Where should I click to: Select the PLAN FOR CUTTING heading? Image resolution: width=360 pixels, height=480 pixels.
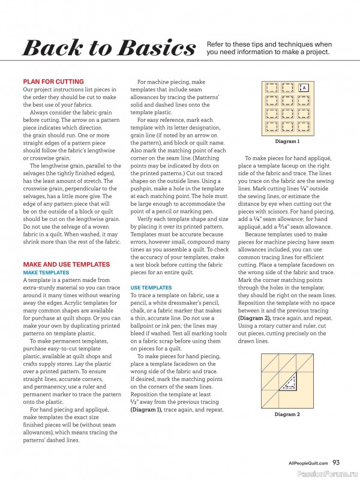pyautogui.click(x=53, y=81)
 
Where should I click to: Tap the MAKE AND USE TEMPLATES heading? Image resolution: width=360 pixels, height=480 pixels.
pyautogui.click(x=66, y=264)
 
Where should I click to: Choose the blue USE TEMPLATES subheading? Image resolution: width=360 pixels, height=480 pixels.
pyautogui.click(x=151, y=287)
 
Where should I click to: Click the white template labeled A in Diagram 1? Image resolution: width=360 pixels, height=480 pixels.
pyautogui.click(x=304, y=88)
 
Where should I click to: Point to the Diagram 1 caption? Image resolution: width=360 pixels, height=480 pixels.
pyautogui.click(x=287, y=142)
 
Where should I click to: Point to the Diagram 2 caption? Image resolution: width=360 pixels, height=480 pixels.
pyautogui.click(x=287, y=415)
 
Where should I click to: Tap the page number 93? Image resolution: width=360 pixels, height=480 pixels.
pyautogui.click(x=336, y=463)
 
